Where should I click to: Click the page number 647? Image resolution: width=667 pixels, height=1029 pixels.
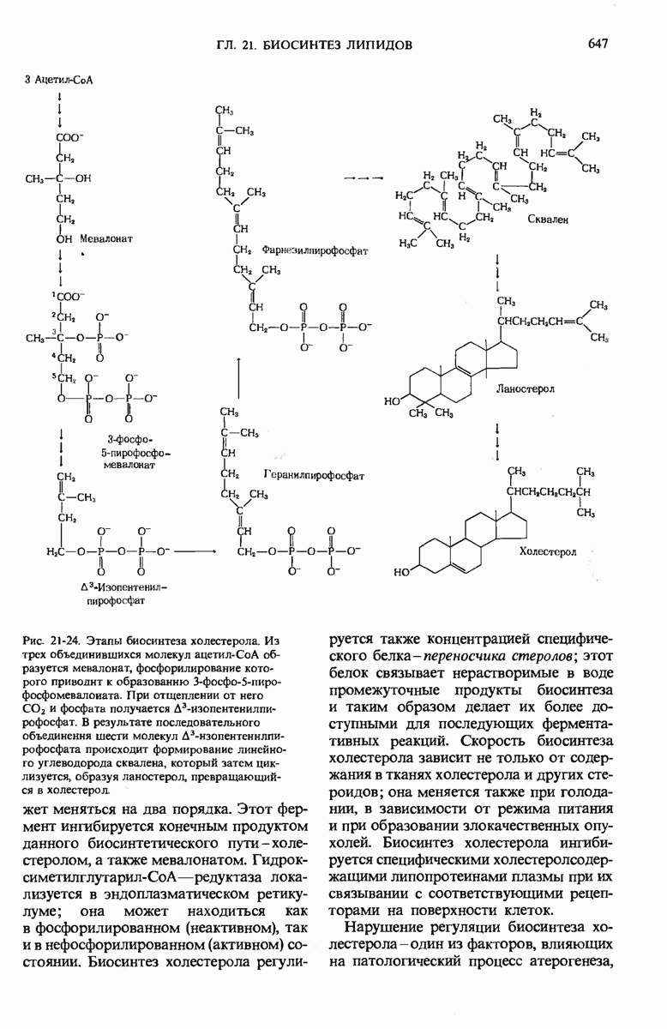pos(598,42)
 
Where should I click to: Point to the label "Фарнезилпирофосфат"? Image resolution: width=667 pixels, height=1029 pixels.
pos(315,252)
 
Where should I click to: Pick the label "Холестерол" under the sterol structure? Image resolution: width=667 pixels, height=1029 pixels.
pos(546,553)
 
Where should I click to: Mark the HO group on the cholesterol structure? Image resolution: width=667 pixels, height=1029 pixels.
pos(403,570)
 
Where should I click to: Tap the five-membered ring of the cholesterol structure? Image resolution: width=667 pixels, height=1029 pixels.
pos(518,530)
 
